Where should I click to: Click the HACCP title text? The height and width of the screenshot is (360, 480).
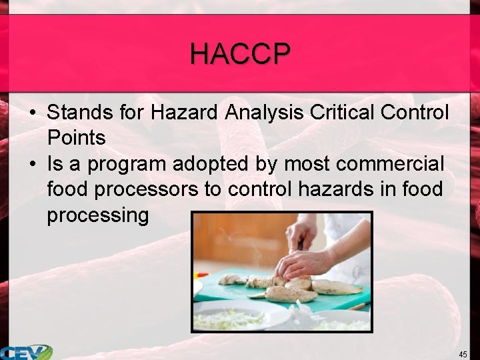click(x=240, y=53)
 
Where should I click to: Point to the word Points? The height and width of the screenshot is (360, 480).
click(x=76, y=138)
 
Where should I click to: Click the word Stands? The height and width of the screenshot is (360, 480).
click(x=81, y=112)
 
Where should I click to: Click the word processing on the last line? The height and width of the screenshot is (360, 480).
click(x=98, y=216)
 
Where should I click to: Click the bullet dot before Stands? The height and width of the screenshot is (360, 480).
click(x=32, y=113)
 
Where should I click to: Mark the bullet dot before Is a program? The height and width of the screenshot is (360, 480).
click(x=32, y=164)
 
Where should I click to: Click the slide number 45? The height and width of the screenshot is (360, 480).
click(x=463, y=353)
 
